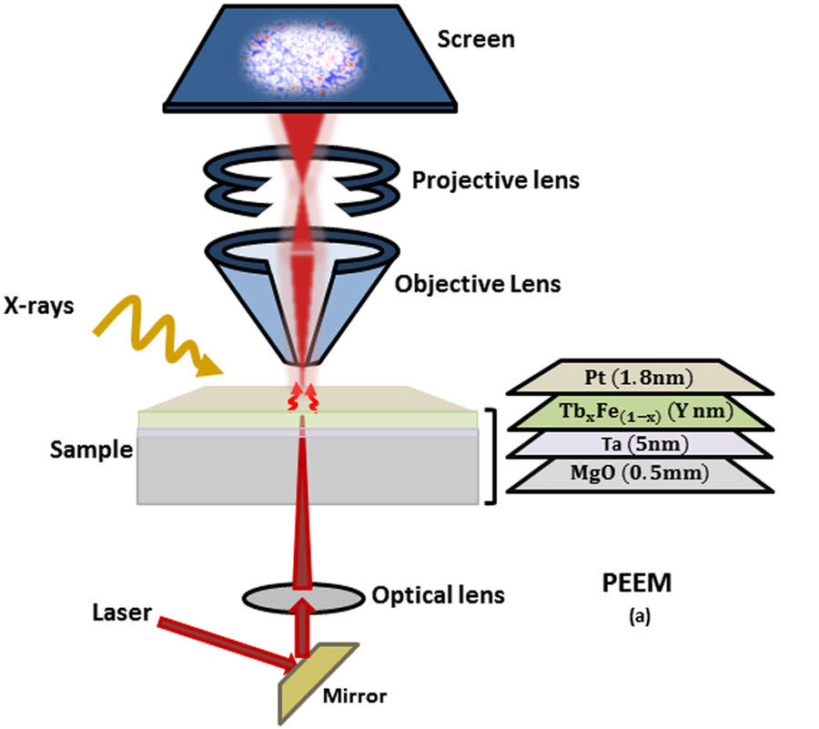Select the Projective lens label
point(496,179)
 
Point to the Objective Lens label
point(478,283)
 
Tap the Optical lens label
point(439,596)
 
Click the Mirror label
point(355,697)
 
